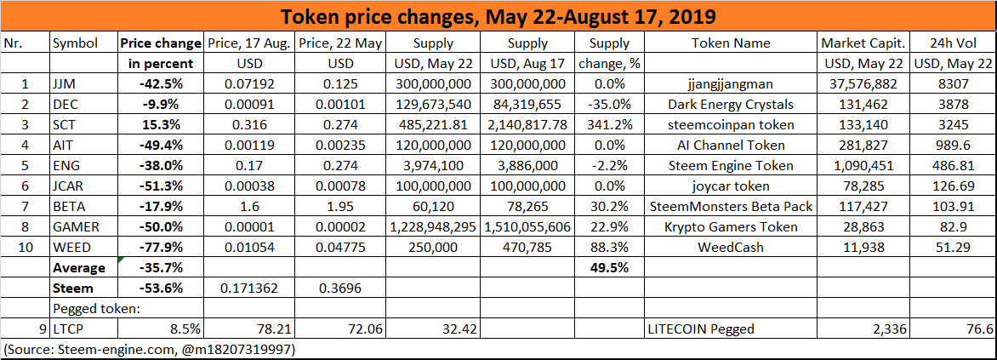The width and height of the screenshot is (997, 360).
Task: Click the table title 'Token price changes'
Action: [x=498, y=17]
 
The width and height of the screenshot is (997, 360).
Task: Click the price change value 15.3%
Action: [x=161, y=124]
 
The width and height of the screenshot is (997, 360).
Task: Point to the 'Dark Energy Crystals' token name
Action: [x=731, y=104]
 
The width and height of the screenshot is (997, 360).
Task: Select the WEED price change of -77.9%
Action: [x=161, y=247]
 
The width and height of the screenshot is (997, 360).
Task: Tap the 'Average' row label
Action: [x=79, y=267]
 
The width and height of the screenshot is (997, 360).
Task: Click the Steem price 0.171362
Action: [x=250, y=288]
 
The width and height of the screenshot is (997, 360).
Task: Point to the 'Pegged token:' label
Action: [x=92, y=308]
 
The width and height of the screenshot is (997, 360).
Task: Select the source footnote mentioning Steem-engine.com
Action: [x=150, y=349]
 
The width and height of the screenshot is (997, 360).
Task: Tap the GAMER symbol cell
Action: [x=76, y=226]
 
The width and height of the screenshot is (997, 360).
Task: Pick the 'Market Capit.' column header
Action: [x=863, y=43]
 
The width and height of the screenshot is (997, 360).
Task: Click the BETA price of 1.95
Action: [x=341, y=206]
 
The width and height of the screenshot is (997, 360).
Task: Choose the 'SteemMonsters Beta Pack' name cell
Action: [x=731, y=206]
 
